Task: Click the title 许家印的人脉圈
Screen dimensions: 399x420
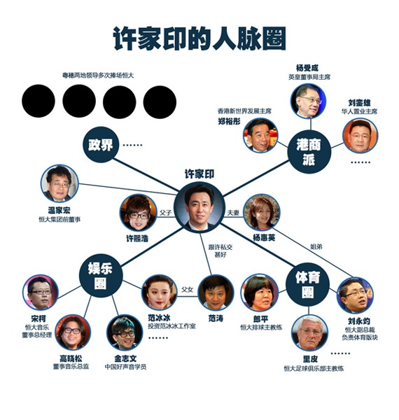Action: point(199,38)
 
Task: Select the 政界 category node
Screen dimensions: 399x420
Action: point(101,145)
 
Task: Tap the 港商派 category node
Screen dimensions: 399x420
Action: point(309,152)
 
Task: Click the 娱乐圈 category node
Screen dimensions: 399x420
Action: point(101,275)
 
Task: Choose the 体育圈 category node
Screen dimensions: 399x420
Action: point(308,284)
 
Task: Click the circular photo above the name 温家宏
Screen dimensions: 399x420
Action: point(59,183)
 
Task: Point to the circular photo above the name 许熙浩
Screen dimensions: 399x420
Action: point(138,213)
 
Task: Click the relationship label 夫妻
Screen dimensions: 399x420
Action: point(233,213)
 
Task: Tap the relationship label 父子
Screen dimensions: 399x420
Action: point(165,213)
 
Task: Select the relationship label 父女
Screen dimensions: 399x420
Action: point(187,289)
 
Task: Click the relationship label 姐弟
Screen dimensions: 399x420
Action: point(316,246)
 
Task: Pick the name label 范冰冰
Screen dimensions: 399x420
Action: point(159,318)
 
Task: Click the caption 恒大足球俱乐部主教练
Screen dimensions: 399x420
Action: point(314,369)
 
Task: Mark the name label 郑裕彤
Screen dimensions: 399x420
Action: point(229,121)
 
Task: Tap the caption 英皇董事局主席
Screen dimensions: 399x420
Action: point(309,77)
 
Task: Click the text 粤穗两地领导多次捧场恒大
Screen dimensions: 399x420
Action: point(98,76)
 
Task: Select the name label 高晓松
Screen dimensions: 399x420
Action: point(71,358)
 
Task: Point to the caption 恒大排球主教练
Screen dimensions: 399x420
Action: point(261,327)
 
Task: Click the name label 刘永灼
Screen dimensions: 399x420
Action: point(359,321)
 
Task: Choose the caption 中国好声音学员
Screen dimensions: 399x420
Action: point(125,366)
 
